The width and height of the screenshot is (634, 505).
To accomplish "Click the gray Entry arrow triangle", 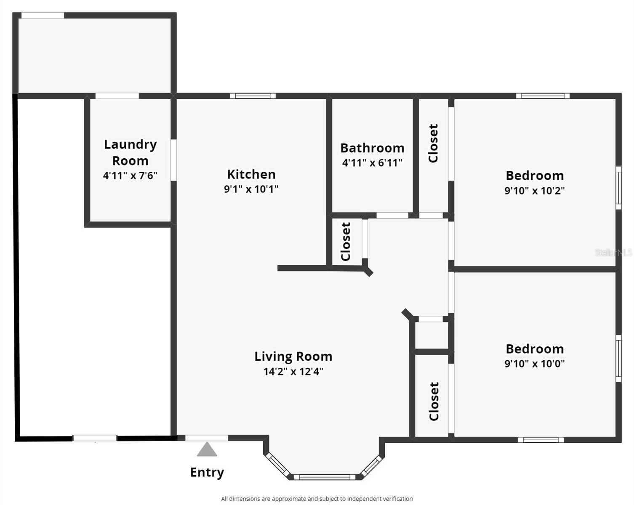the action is click(207, 449).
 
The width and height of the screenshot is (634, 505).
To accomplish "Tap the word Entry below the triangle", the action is click(207, 472).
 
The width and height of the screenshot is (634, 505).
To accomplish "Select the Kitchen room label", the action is click(251, 174).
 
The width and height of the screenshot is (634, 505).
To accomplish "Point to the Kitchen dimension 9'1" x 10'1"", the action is click(251, 189).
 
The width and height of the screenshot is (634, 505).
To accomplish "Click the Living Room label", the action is click(293, 356).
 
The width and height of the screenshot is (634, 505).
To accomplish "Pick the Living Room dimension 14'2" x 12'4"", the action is click(293, 371).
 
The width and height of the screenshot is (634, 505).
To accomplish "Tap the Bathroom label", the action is click(373, 148).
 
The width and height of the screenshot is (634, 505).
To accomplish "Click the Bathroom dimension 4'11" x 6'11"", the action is click(372, 163).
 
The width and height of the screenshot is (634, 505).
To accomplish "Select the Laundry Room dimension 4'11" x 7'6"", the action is click(130, 176).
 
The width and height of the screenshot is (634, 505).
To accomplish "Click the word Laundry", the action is click(131, 145).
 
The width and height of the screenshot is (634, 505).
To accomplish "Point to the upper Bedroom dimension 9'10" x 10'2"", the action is click(535, 191).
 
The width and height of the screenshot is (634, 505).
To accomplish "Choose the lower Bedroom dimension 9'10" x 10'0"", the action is click(535, 364).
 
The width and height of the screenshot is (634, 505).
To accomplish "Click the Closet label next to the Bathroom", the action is click(433, 143).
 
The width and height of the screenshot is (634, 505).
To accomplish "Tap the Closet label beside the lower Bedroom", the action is click(434, 401).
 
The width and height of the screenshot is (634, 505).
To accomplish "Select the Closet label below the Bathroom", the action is click(346, 242).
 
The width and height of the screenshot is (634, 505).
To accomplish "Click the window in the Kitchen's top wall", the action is click(253, 96).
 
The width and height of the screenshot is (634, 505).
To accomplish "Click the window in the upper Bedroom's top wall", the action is click(543, 96).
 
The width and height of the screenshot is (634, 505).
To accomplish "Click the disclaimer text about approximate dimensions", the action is click(317, 499).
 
